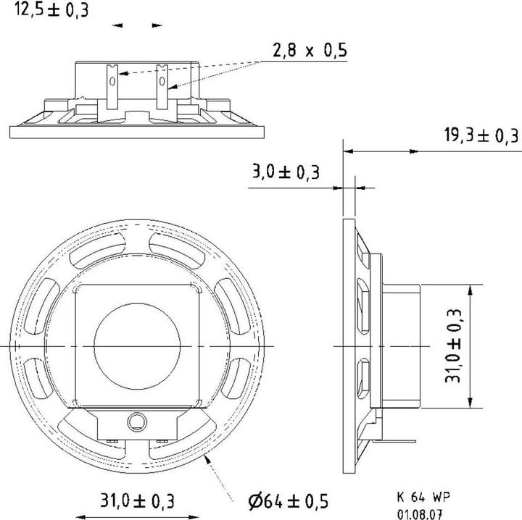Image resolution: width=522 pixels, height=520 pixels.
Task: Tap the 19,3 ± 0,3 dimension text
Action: (481, 135)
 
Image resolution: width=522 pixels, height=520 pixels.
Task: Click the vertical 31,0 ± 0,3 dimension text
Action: (455, 346)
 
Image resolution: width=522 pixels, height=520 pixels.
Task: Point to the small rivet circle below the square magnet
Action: (136, 420)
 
